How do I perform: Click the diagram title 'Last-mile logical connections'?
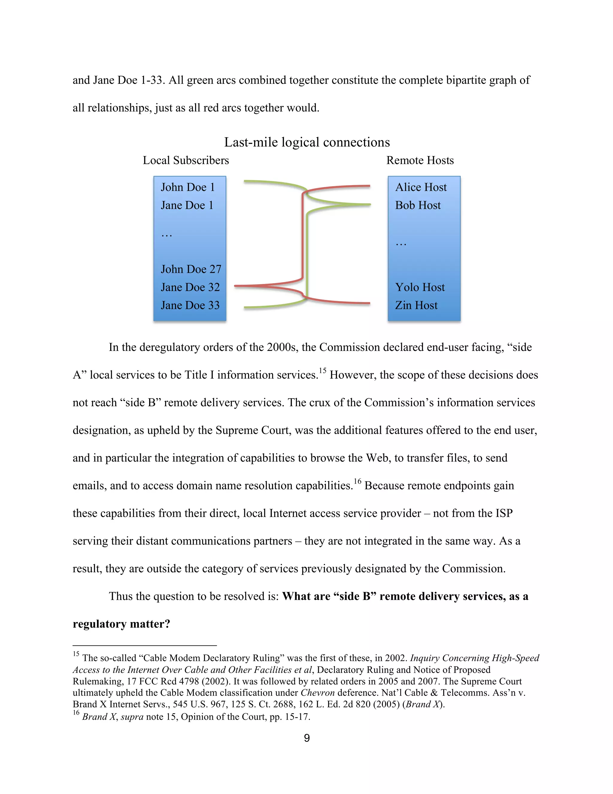307,142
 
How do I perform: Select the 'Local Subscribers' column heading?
186,160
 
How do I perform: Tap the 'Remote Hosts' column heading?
420,160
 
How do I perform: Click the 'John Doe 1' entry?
188,187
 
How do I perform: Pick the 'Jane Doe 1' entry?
187,206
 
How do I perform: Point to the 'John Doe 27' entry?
191,269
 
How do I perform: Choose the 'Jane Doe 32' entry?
190,287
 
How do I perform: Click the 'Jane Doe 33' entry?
190,305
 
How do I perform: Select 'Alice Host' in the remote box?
421,187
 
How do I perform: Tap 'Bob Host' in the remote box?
418,206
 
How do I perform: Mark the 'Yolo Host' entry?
420,287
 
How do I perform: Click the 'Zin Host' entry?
416,305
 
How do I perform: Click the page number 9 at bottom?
307,738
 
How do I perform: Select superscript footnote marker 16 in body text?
357,481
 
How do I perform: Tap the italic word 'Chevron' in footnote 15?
317,692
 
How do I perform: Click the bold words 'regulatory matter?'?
121,624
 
